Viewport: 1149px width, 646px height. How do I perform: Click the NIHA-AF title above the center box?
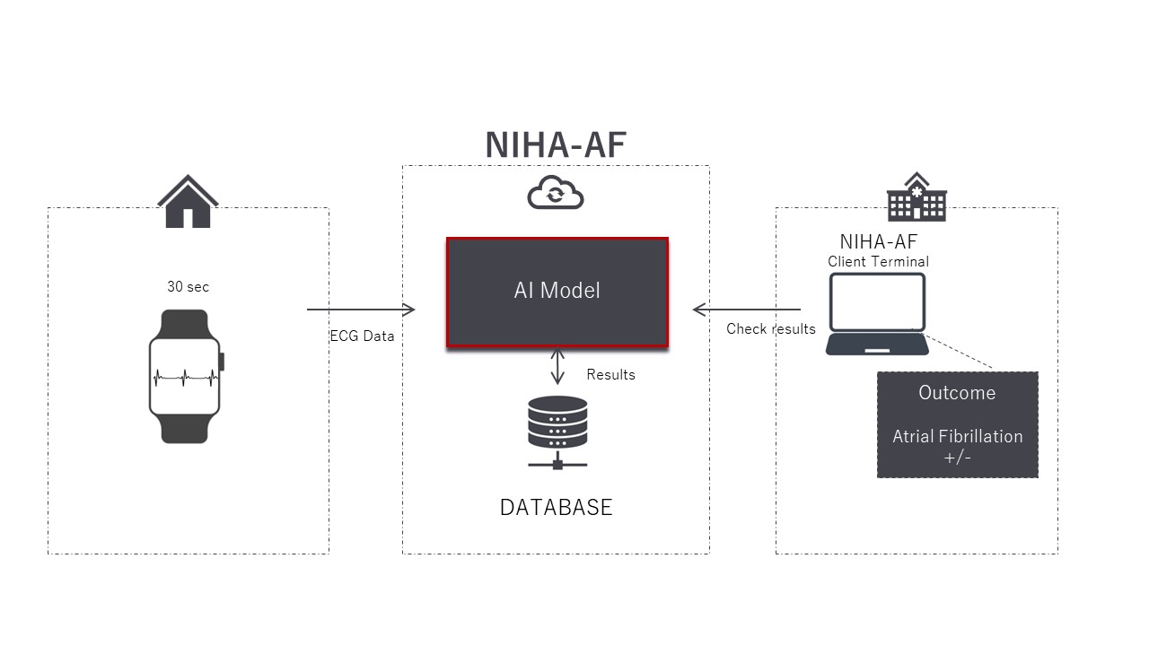(555, 144)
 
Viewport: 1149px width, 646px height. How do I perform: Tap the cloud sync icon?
(556, 192)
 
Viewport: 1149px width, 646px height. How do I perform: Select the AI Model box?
(557, 292)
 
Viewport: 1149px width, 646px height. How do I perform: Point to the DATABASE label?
(556, 507)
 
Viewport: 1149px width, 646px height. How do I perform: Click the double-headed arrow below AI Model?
(557, 366)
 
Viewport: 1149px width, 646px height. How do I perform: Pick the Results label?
(610, 375)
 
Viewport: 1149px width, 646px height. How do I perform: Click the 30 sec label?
(188, 287)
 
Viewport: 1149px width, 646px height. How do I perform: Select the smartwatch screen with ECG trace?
(184, 376)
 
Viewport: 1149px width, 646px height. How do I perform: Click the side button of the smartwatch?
(222, 362)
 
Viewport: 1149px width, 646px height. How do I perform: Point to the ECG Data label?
(362, 336)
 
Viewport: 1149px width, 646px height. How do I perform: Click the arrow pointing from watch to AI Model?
(361, 310)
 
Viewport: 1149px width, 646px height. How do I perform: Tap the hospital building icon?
(916, 197)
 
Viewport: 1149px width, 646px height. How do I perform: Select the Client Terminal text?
(878, 262)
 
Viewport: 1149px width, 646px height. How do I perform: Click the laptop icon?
(877, 314)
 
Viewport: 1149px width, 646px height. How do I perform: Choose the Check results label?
(770, 329)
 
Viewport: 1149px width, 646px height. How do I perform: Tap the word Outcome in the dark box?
(957, 393)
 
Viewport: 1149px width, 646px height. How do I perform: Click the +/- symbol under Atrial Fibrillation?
(957, 457)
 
